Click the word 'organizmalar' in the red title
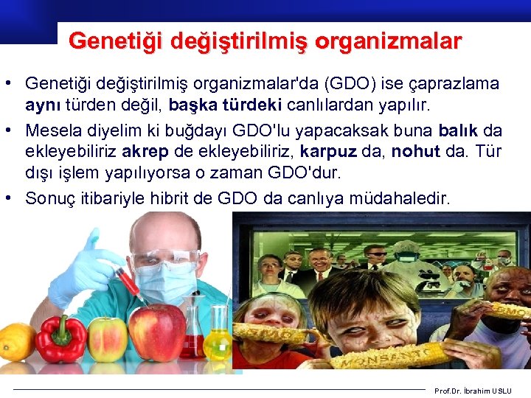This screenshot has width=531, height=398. pos(388,40)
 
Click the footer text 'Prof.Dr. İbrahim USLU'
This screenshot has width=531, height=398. pos(477,391)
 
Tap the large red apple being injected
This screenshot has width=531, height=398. pos(157,332)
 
